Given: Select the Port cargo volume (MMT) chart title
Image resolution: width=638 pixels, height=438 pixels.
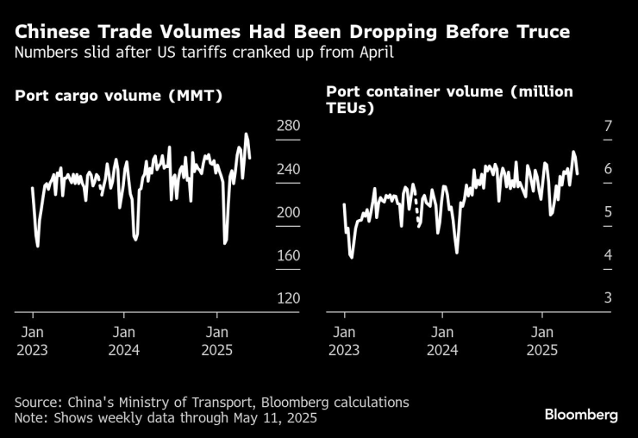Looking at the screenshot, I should coord(119,96).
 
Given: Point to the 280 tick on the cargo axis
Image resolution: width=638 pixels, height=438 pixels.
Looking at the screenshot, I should coord(288,126).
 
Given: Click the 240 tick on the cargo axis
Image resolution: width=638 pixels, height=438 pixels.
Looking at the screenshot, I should coord(288,169).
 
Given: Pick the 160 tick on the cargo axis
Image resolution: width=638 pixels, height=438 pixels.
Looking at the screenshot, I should coord(288,255).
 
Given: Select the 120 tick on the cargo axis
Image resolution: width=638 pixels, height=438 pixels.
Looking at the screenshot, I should coord(288,297).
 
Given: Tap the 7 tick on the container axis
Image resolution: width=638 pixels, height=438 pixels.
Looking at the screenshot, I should coord(608,126).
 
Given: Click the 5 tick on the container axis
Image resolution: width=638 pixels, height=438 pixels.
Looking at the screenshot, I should coord(608,212).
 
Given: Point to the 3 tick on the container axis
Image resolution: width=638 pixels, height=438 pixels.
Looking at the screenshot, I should coord(608,297).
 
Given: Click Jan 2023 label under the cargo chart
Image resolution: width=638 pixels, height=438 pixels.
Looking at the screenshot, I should coord(31,341).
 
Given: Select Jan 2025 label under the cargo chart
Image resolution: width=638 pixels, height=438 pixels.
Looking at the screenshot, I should coord(216,341).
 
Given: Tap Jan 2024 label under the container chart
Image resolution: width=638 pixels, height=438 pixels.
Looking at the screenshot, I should coord(442,341).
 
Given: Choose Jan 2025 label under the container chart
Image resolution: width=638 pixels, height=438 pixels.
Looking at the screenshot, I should coord(541,341).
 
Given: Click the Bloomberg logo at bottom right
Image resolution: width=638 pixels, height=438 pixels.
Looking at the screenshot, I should coord(581,415).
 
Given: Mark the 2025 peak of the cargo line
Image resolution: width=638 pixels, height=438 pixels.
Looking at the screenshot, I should coord(247,135).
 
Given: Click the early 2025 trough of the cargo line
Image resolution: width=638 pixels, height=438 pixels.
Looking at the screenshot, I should coord(225,243).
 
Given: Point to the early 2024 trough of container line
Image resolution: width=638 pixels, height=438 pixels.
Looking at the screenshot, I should coord(456,253).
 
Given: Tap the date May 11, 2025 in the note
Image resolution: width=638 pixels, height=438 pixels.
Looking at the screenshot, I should coord(271,418).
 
